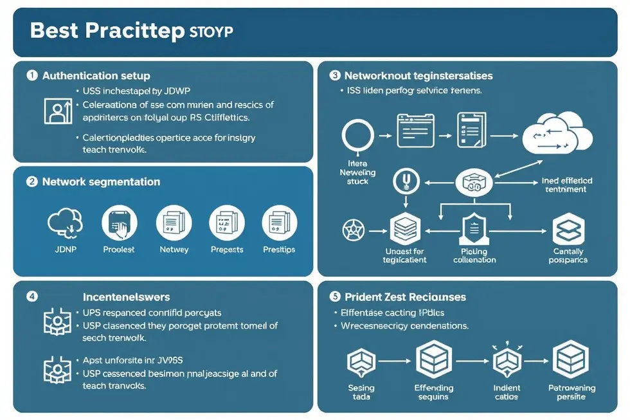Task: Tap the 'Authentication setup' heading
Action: click(x=96, y=76)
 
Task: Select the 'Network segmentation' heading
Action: click(x=101, y=182)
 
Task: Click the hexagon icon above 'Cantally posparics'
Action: click(x=568, y=228)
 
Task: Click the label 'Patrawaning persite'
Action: click(x=571, y=392)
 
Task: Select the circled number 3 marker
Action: click(x=334, y=75)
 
